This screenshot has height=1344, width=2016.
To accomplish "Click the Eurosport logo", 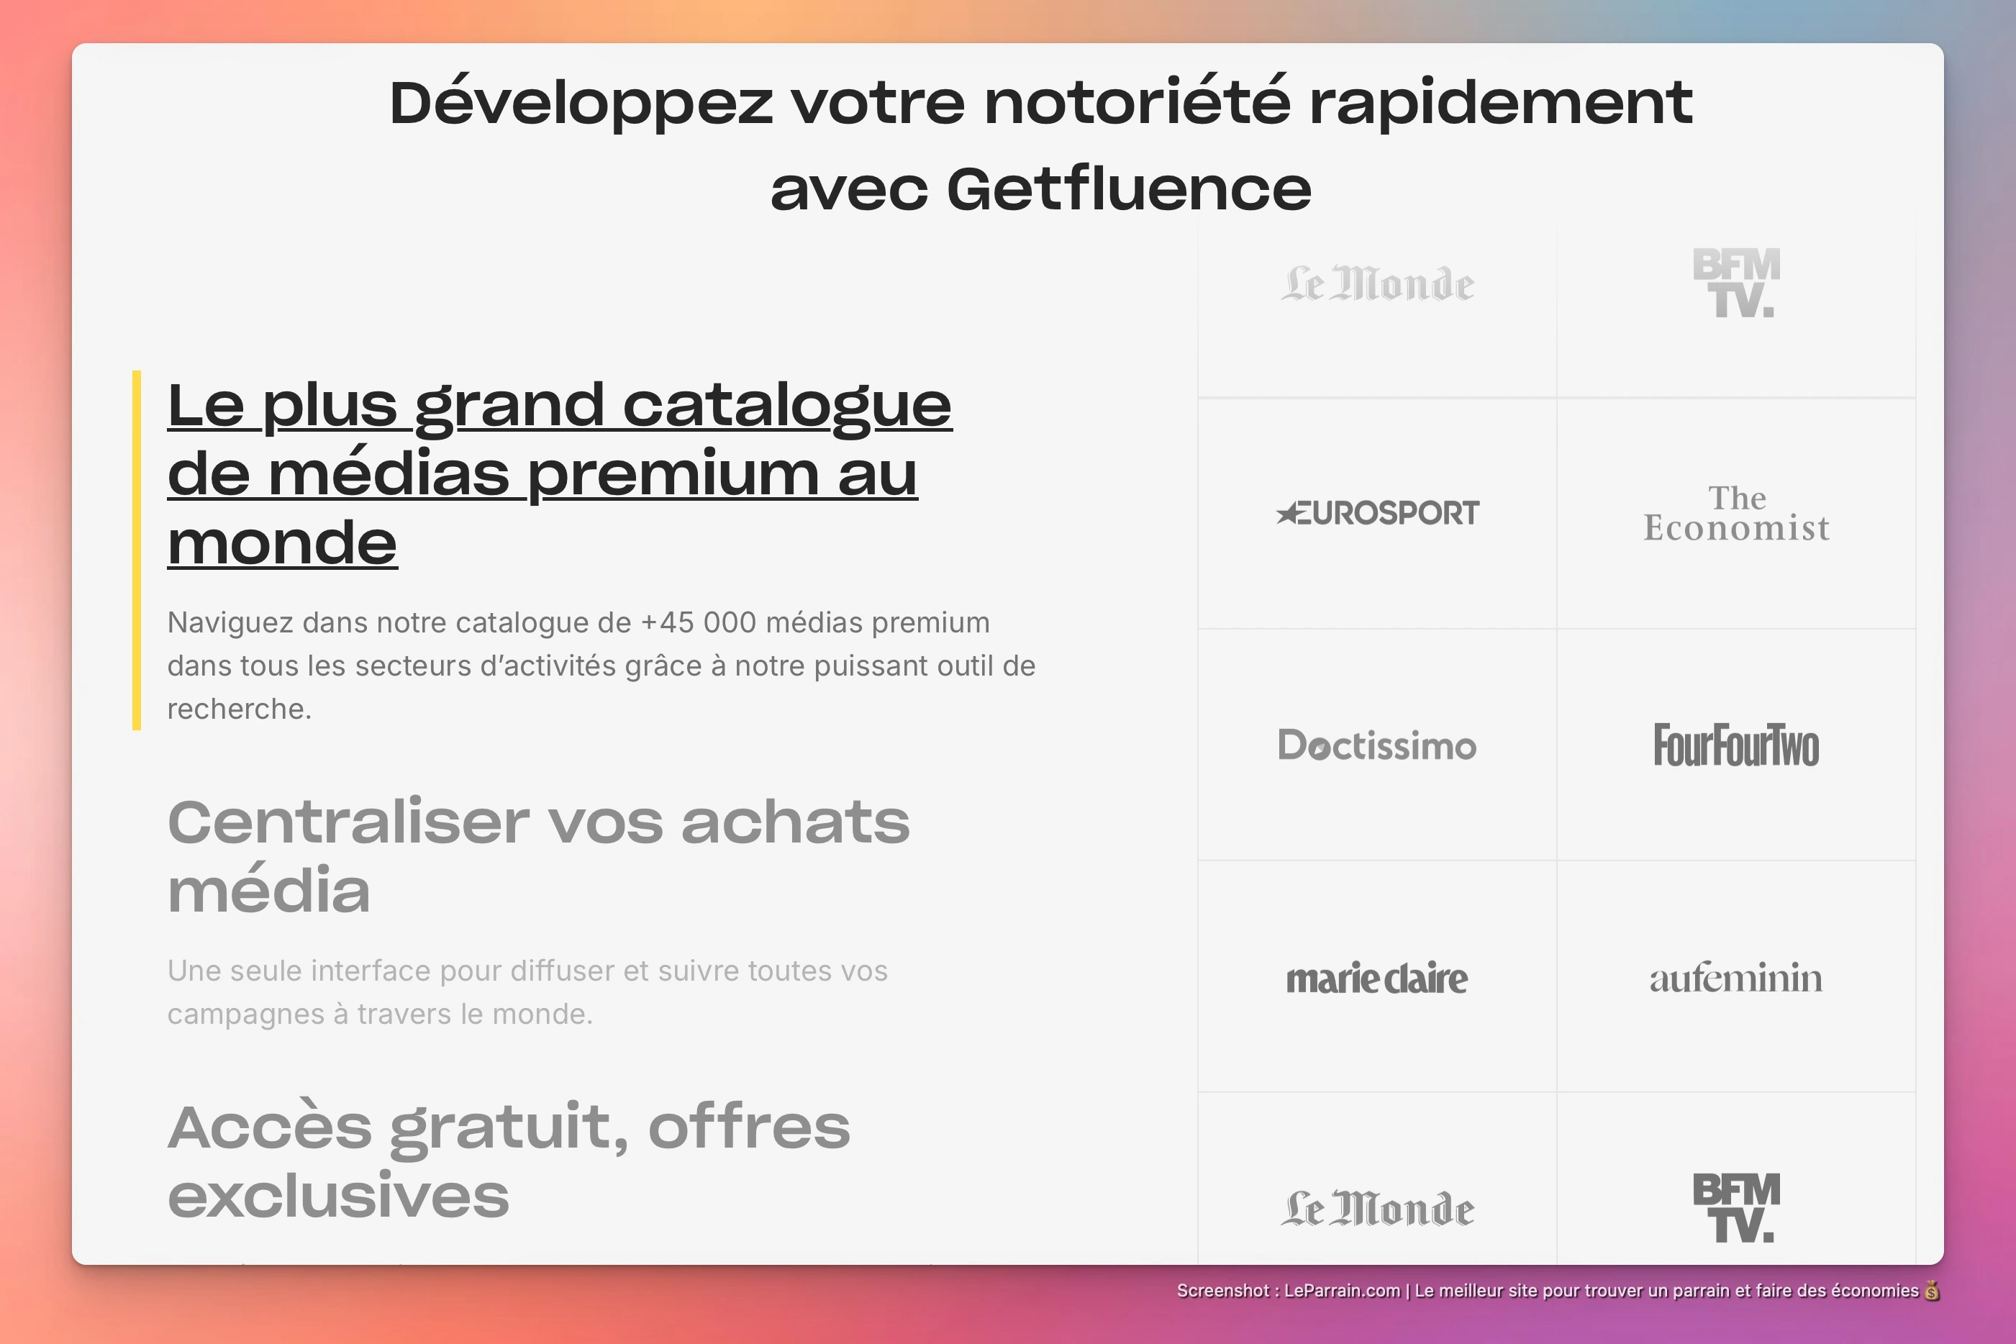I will pyautogui.click(x=1377, y=512).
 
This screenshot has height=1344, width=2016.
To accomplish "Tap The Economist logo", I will pyautogui.click(x=1735, y=514).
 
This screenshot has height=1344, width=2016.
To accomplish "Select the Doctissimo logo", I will pyautogui.click(x=1376, y=745).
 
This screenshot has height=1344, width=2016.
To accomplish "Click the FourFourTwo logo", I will pyautogui.click(x=1735, y=745).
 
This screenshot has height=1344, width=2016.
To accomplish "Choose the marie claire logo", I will pyautogui.click(x=1376, y=978).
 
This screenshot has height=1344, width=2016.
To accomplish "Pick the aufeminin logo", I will pyautogui.click(x=1735, y=978).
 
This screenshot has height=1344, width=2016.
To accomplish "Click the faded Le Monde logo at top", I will pyautogui.click(x=1376, y=283).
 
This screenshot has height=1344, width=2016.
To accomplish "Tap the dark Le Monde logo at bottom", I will pyautogui.click(x=1376, y=1209).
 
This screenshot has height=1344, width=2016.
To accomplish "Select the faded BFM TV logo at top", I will pyautogui.click(x=1735, y=283).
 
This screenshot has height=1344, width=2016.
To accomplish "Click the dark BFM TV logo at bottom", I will pyautogui.click(x=1735, y=1208).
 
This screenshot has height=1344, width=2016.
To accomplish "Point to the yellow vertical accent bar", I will pyautogui.click(x=136, y=550).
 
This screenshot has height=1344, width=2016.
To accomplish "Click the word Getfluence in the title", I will pyautogui.click(x=1128, y=189).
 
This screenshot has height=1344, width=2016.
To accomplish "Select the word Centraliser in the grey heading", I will pyautogui.click(x=347, y=822).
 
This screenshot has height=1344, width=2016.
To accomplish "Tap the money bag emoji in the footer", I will pyautogui.click(x=1932, y=1291).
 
